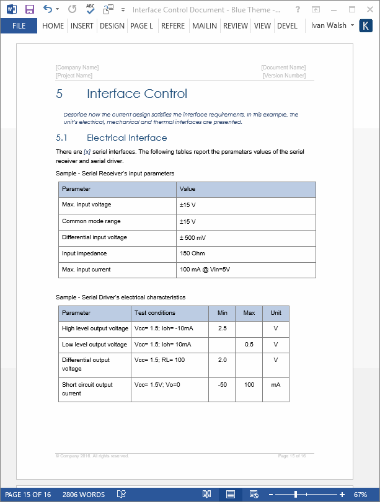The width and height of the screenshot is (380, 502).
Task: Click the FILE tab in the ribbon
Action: point(19,26)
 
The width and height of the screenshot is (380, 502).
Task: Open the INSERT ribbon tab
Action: point(82,26)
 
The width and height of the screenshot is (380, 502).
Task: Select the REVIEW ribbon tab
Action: point(235,26)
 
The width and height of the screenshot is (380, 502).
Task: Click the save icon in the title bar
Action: point(29,9)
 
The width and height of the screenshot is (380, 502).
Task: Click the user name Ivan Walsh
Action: point(329,26)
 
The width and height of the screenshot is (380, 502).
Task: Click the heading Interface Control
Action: point(136,94)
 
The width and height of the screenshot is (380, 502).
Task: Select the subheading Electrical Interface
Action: point(126,138)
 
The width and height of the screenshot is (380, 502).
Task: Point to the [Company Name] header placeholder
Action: point(77,68)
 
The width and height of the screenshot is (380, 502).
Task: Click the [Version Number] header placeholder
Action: point(284,76)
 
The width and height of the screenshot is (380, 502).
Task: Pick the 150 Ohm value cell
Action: point(193,253)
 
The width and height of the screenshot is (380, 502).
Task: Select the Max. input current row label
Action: point(86,270)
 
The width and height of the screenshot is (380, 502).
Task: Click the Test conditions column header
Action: point(154,313)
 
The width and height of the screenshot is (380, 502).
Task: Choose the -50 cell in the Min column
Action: point(222,385)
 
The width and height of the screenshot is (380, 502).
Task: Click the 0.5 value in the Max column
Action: point(249,344)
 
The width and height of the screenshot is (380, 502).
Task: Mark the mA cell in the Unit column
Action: point(275,385)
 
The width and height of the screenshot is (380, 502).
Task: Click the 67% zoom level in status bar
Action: point(361,495)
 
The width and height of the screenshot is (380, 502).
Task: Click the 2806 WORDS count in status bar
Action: point(84,495)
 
